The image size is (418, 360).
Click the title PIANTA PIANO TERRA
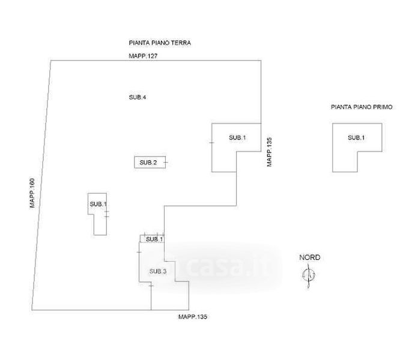(160, 43)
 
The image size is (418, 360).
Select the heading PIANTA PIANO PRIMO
(362, 107)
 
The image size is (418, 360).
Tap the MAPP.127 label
(143, 55)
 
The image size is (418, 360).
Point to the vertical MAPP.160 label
(34, 193)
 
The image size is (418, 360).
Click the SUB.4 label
(138, 97)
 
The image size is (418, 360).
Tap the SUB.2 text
(148, 163)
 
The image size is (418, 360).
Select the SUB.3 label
(158, 271)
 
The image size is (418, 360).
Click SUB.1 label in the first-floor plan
(356, 138)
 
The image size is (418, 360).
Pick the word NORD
(310, 257)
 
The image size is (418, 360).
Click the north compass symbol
(309, 275)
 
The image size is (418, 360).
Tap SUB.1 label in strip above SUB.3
(154, 239)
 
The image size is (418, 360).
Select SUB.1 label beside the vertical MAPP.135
(237, 138)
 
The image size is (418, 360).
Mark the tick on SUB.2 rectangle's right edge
(165, 163)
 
